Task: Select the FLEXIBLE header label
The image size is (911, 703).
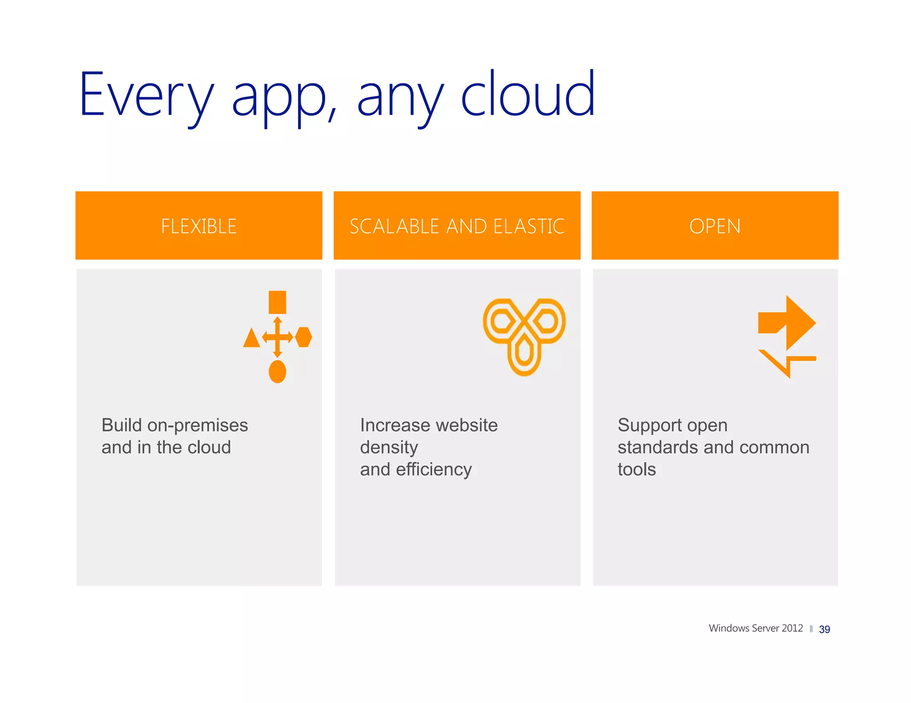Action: [x=199, y=226]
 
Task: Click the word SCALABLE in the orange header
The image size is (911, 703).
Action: [x=395, y=226]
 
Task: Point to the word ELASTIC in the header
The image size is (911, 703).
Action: [x=528, y=226]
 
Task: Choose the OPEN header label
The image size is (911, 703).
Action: [x=715, y=226]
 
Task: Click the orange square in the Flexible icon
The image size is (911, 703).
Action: [x=278, y=302]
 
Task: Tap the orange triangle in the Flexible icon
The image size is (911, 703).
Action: [x=251, y=338]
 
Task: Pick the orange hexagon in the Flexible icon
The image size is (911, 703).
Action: [x=304, y=337]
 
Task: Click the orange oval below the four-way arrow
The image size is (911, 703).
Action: [x=278, y=371]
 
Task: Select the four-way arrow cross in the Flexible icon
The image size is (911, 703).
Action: [x=278, y=337]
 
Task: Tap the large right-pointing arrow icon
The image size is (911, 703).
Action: [x=787, y=323]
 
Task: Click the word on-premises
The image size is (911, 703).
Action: [x=198, y=425]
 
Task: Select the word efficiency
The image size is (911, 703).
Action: [x=434, y=469]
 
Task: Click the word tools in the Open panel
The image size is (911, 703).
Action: [x=637, y=469]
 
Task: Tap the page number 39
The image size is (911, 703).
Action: [x=824, y=629]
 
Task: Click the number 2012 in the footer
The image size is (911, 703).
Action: [x=792, y=628]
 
